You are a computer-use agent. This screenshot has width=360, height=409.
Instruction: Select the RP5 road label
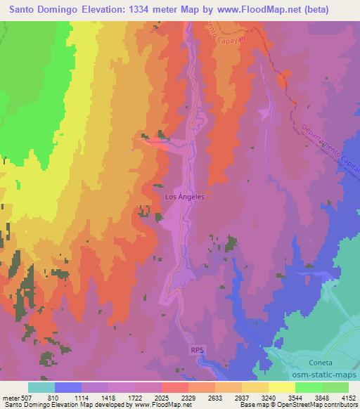198,349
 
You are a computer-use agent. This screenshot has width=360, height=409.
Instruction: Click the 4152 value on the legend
349,398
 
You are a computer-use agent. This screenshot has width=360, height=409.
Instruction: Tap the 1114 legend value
89,398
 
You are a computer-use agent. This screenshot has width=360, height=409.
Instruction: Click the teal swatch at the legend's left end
41,387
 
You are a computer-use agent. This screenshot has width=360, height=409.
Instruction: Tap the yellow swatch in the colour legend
282,387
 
